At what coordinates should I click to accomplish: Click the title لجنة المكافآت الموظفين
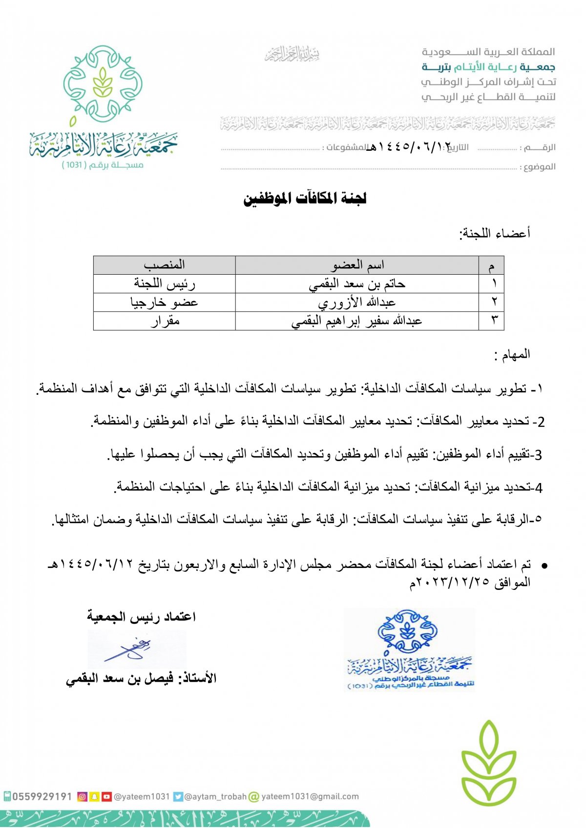[305, 199]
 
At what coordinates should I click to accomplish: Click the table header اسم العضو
[357, 265]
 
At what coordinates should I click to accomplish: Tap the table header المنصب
[164, 265]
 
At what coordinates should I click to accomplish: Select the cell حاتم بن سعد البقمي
[357, 283]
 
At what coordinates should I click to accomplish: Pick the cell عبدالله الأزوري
[357, 302]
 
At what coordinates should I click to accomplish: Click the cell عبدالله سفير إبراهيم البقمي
[357, 321]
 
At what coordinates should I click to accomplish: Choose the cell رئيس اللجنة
[164, 283]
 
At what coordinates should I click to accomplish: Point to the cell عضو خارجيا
[164, 302]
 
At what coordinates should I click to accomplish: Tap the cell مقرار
[164, 321]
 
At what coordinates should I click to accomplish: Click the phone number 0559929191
[42, 796]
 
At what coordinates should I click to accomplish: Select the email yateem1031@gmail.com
[310, 796]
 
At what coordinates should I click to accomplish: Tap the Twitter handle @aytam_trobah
[215, 796]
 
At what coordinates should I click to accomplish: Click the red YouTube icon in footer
[106, 796]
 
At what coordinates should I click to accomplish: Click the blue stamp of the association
[409, 649]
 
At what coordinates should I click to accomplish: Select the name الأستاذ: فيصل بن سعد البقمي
[141, 678]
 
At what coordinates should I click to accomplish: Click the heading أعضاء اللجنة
[494, 233]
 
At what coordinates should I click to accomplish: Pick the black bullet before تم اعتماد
[544, 565]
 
